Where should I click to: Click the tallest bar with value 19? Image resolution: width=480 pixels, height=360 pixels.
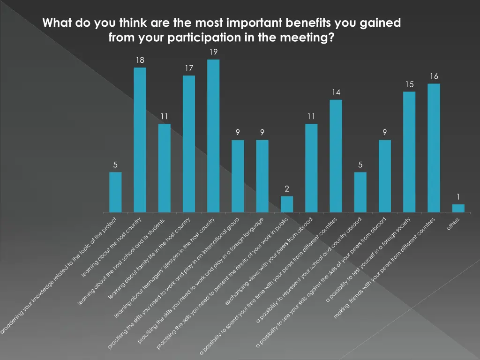(213, 136)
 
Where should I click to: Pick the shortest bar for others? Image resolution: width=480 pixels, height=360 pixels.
(458, 208)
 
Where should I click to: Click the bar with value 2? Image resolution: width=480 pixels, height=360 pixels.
(287, 204)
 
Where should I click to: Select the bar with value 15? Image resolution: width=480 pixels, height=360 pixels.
(409, 152)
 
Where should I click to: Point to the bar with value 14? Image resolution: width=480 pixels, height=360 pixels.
(336, 156)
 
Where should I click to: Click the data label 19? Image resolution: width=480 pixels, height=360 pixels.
(213, 52)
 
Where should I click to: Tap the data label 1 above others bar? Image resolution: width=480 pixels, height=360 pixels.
(458, 197)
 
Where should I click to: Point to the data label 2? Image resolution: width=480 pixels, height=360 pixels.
(287, 188)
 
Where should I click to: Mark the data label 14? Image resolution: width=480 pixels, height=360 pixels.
(336, 92)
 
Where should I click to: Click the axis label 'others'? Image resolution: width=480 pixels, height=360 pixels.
(453, 223)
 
